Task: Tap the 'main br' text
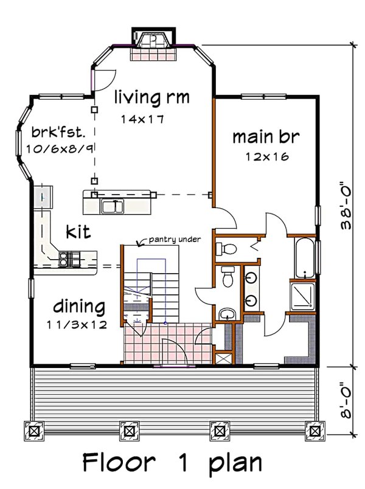(266, 136)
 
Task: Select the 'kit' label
(79, 231)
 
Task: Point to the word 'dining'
(78, 305)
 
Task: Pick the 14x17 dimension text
(142, 119)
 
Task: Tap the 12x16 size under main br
(266, 156)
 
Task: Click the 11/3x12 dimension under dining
(77, 324)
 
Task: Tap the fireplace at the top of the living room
(153, 43)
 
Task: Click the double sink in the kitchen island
(113, 207)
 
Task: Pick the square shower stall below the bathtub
(302, 297)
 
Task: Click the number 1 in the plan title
(182, 463)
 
